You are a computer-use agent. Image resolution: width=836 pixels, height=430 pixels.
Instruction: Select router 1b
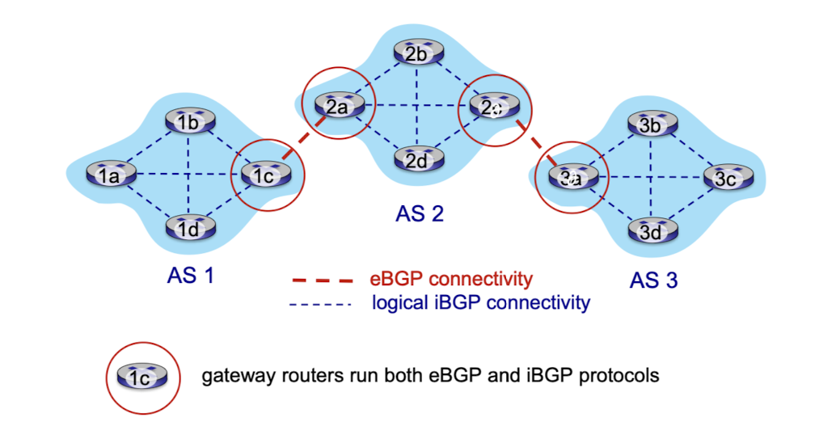click(x=188, y=122)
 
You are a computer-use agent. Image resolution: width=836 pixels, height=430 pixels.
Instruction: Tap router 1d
click(x=188, y=229)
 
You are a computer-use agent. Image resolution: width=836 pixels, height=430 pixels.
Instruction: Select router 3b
click(x=651, y=125)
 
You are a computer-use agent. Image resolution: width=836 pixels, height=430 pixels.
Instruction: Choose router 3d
click(x=651, y=232)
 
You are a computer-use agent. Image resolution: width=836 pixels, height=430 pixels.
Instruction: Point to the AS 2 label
click(x=420, y=213)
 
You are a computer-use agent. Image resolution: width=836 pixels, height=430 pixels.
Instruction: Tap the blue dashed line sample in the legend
click(x=321, y=304)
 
